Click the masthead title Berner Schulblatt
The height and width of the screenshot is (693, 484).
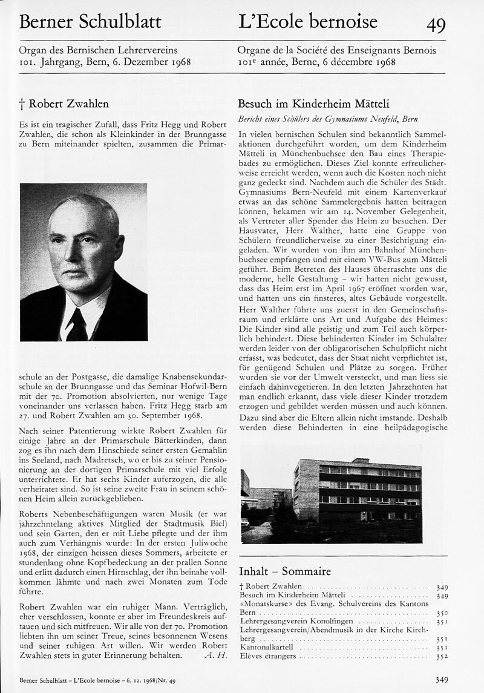90,22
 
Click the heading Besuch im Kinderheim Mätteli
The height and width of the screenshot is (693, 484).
313,103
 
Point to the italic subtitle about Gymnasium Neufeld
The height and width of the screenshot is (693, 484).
328,119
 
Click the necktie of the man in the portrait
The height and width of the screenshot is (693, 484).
77,325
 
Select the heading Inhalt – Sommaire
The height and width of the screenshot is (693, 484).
284,571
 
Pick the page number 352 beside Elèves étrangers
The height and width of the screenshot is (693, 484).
442,656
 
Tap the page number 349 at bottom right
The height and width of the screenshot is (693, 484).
442,680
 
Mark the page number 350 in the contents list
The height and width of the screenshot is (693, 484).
442,613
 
